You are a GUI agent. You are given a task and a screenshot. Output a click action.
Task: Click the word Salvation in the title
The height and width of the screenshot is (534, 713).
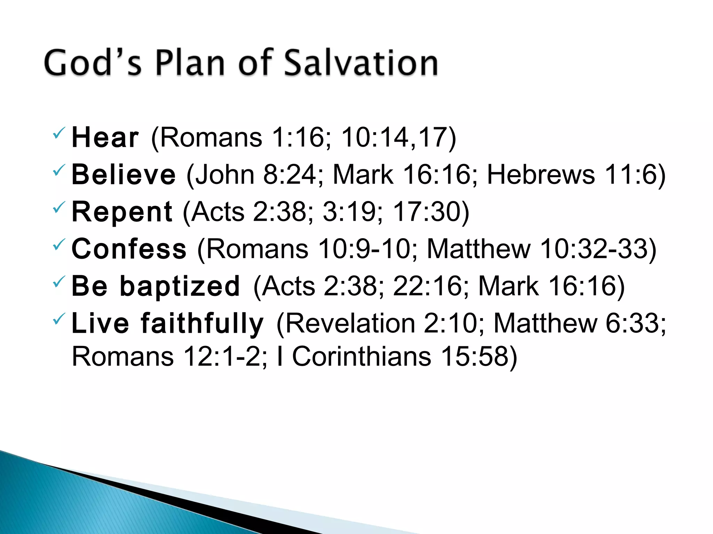[x=361, y=63]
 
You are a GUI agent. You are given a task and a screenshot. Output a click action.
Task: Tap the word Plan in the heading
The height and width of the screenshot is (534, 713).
[x=190, y=63]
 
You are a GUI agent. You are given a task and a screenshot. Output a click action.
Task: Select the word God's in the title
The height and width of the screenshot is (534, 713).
[x=93, y=63]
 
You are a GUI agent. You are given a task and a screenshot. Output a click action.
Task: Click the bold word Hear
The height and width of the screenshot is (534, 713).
[x=105, y=138]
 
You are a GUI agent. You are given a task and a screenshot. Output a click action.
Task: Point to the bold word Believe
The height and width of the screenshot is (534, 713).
[x=124, y=175]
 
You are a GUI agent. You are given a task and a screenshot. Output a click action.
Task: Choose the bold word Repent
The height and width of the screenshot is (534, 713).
[x=122, y=212]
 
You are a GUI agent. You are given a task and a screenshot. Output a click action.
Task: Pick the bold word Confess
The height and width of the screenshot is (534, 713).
[x=129, y=249]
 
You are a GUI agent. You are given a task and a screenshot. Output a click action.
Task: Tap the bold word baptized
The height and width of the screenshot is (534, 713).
[x=180, y=286]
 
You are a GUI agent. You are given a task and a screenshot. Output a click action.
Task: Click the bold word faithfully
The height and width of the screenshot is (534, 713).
[x=202, y=323]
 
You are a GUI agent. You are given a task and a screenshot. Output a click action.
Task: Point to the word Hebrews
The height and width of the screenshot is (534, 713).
[x=541, y=175]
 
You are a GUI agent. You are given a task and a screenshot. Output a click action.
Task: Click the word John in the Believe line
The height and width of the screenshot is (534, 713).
[x=225, y=175]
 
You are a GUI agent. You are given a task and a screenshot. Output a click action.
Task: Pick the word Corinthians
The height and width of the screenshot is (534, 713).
[x=361, y=357]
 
